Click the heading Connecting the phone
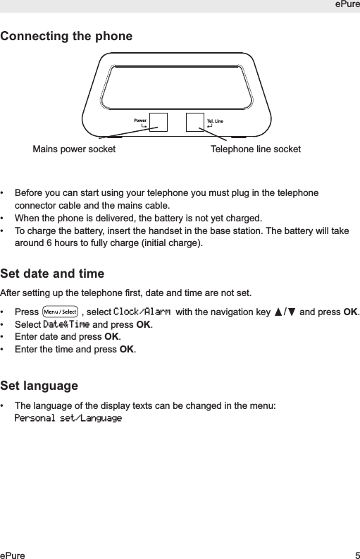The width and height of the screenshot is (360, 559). (x=66, y=36)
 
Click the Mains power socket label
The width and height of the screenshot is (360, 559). (x=75, y=149)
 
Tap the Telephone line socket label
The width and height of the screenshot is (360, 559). (x=256, y=149)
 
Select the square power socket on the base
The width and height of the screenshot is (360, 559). (x=159, y=122)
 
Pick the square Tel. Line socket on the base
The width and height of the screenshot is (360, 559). (x=195, y=122)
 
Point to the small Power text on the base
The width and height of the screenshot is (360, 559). (x=140, y=121)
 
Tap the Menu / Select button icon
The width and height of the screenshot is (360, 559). (x=60, y=312)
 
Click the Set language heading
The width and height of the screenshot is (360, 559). (x=39, y=386)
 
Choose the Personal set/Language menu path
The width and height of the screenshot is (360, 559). (x=68, y=419)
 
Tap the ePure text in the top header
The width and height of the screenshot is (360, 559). (x=346, y=6)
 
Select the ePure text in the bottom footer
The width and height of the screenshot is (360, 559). (x=13, y=555)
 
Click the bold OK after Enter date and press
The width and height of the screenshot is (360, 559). (x=112, y=337)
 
